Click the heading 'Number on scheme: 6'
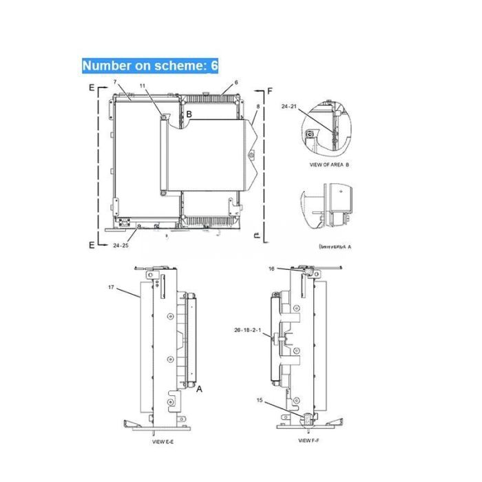pyautogui.click(x=150, y=66)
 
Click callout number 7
pyautogui.click(x=114, y=83)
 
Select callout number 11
pyautogui.click(x=143, y=86)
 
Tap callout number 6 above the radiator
pyautogui.click(x=236, y=83)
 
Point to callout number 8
pyautogui.click(x=258, y=107)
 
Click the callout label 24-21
pyautogui.click(x=289, y=107)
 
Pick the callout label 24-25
pyautogui.click(x=120, y=244)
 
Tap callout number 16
pyautogui.click(x=271, y=269)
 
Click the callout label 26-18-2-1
pyautogui.click(x=248, y=331)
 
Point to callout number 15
pyautogui.click(x=260, y=400)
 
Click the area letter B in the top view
pyautogui.click(x=188, y=113)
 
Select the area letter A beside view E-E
pyautogui.click(x=200, y=389)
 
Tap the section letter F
pyautogui.click(x=269, y=92)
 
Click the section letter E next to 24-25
pyautogui.click(x=92, y=244)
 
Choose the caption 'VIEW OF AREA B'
pyautogui.click(x=331, y=166)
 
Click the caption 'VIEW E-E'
pyautogui.click(x=163, y=443)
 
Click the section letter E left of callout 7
pyautogui.click(x=92, y=89)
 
